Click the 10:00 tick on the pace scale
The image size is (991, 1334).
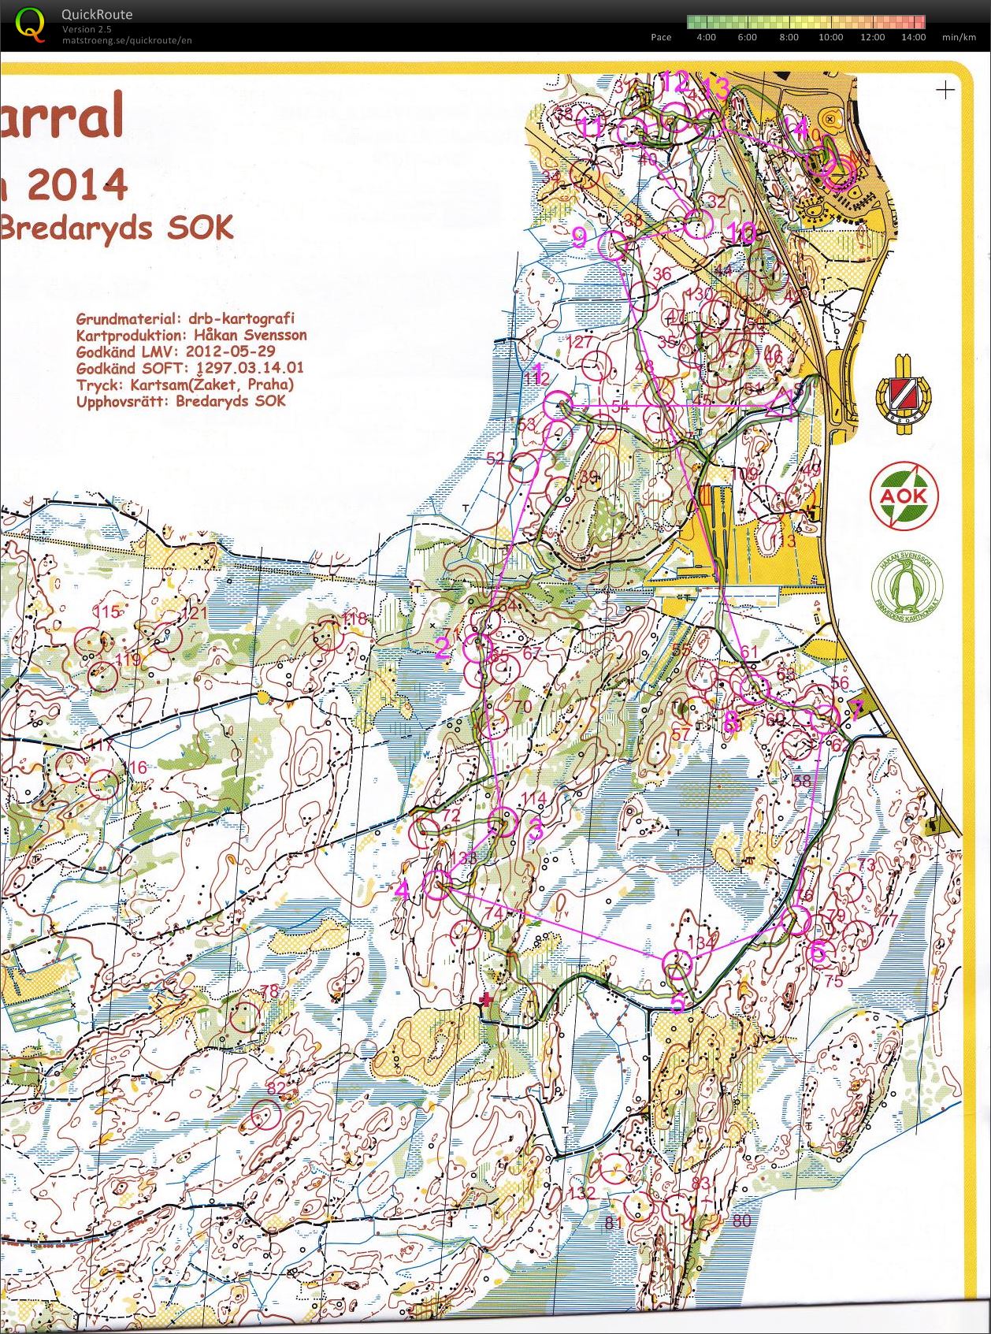pyautogui.click(x=830, y=37)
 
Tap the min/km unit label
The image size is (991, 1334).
pyautogui.click(x=959, y=37)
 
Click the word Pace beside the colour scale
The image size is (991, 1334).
pyautogui.click(x=661, y=37)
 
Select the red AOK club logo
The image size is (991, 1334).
pyautogui.click(x=904, y=496)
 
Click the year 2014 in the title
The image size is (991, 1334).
pyautogui.click(x=77, y=185)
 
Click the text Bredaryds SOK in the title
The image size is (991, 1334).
pyautogui.click(x=116, y=229)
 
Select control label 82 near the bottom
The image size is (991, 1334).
pyautogui.click(x=276, y=1088)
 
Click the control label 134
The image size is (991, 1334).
pyautogui.click(x=702, y=942)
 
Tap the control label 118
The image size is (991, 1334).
pyautogui.click(x=354, y=619)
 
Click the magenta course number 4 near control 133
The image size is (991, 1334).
pyautogui.click(x=403, y=890)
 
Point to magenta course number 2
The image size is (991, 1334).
pyautogui.click(x=443, y=648)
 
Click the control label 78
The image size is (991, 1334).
pyautogui.click(x=269, y=991)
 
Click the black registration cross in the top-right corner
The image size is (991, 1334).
pyautogui.click(x=945, y=90)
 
